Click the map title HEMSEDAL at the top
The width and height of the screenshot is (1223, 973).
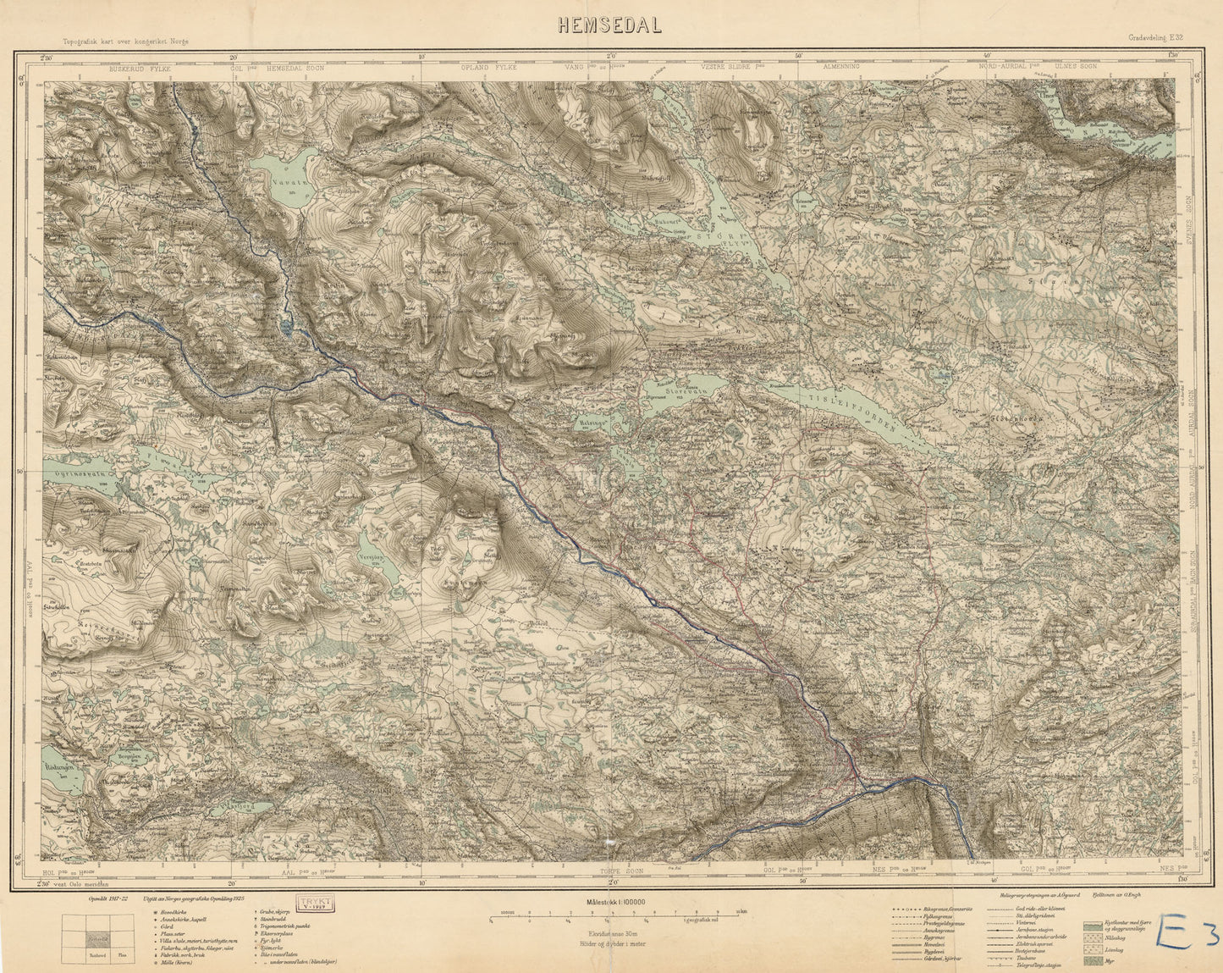point(609,25)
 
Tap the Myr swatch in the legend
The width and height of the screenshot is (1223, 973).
point(1092,961)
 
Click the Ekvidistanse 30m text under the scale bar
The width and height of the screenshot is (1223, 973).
point(610,932)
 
